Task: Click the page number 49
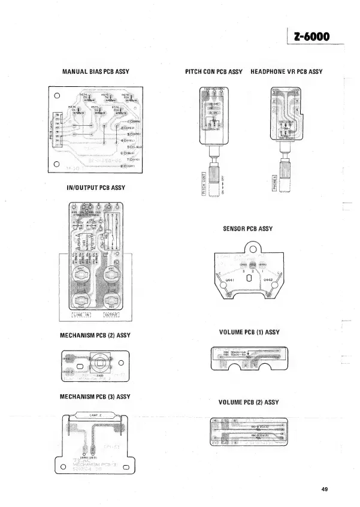point(325,490)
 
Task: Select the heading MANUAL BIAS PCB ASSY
point(96,72)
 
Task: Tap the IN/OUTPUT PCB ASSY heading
point(96,188)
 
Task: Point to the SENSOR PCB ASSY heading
point(247,228)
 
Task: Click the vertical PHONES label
point(274,182)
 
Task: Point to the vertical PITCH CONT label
point(204,182)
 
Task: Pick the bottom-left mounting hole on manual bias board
point(56,164)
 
